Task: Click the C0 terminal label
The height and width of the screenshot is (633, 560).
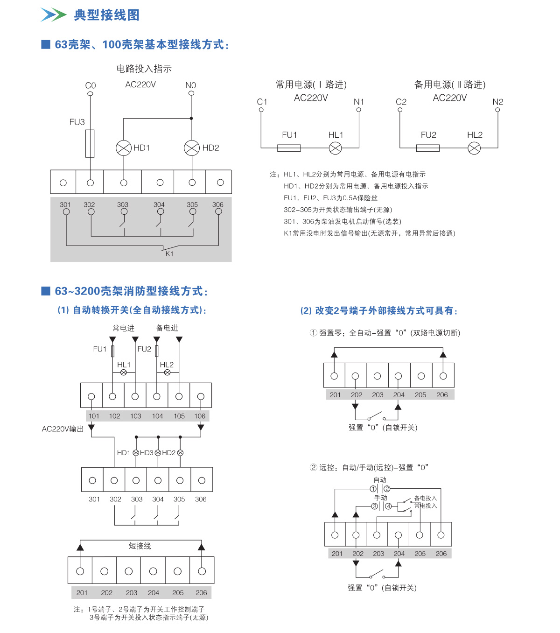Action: pos(91,85)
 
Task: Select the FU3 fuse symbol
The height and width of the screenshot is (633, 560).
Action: pos(90,143)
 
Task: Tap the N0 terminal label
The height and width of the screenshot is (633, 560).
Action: pos(190,85)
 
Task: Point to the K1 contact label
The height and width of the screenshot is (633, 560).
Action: pos(169,253)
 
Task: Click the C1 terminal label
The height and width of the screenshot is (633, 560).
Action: pos(262,102)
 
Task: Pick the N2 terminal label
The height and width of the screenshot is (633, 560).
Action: pos(498,102)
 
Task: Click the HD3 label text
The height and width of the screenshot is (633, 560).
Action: pos(147,453)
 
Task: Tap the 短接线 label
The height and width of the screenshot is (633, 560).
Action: pos(140,546)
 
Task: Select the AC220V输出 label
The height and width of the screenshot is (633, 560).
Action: pos(63,429)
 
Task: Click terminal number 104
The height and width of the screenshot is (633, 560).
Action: pos(157,416)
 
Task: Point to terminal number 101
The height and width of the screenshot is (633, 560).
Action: pos(94,416)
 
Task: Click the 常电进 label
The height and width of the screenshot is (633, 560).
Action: pos(123,328)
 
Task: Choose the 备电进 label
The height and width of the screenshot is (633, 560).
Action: pos(167,328)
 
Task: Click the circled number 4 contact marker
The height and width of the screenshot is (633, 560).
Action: pos(388,506)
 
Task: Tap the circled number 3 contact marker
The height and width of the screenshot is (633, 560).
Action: pos(374,506)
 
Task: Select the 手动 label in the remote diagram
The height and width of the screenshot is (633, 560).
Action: pos(381,498)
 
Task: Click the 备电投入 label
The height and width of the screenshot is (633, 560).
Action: pos(426,498)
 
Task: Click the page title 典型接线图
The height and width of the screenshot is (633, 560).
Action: pos(107,15)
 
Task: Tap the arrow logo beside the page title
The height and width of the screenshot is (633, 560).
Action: pos(53,15)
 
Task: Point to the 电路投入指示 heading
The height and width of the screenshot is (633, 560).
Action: pos(144,69)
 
